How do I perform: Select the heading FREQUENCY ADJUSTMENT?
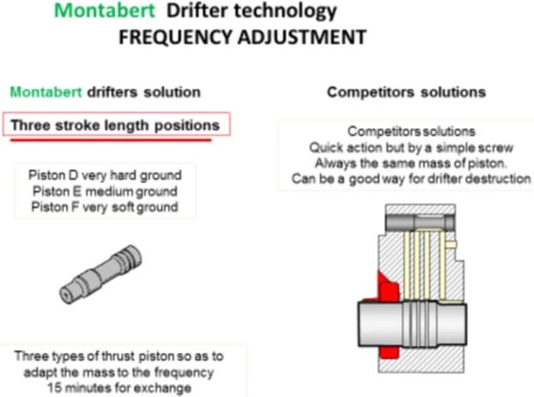point(242,37)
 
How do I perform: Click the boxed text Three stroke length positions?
point(115,125)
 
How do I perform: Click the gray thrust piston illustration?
point(100,273)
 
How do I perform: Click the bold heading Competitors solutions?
point(406,92)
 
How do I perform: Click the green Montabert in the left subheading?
point(38,92)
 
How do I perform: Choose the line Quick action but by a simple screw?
point(411,147)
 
